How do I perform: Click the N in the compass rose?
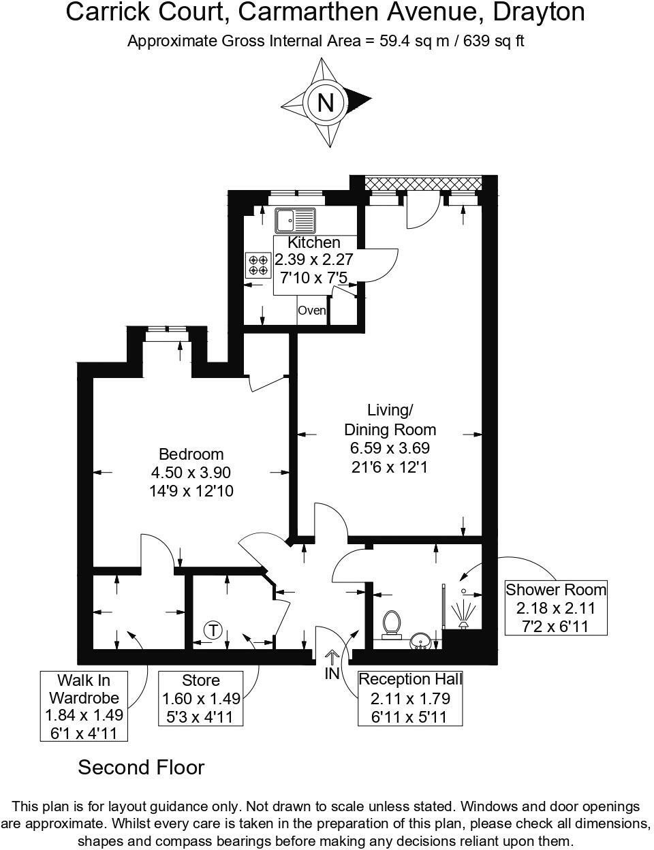(326, 102)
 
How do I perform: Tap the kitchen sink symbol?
(295, 221)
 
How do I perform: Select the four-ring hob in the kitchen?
(258, 265)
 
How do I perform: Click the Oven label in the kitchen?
(312, 311)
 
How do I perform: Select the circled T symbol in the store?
(213, 630)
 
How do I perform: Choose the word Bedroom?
(191, 454)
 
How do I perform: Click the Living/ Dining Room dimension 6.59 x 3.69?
(390, 448)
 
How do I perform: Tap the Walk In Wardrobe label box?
(84, 706)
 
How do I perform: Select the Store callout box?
(201, 699)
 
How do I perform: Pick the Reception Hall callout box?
(411, 698)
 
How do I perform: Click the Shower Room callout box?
(556, 608)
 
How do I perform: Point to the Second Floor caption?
(141, 768)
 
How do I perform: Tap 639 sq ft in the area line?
(493, 41)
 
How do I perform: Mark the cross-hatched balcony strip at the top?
(423, 183)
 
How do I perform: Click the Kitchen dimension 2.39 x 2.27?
(313, 259)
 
